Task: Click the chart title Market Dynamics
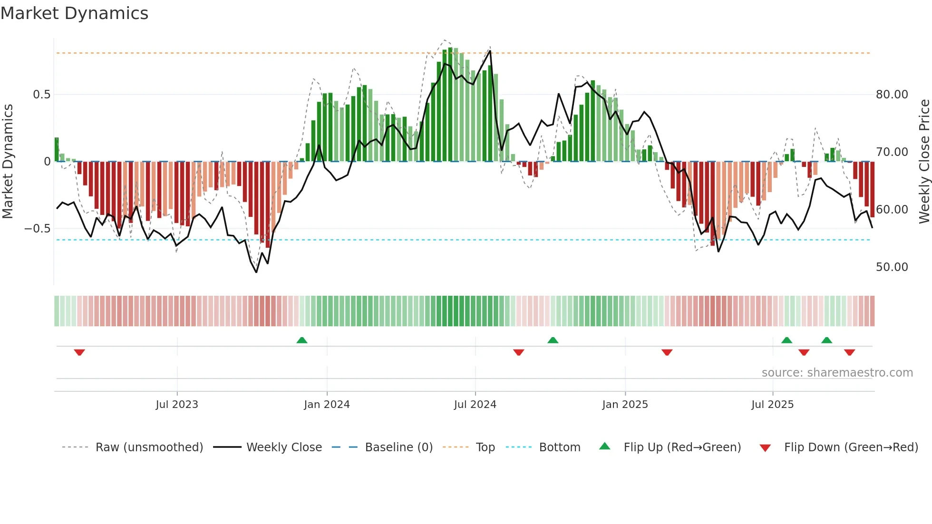tap(75, 13)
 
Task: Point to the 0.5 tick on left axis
tap(42, 95)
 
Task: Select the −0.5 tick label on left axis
tap(38, 229)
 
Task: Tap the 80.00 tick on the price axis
tap(892, 95)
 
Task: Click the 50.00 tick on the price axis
tap(892, 267)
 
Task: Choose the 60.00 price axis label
tap(892, 210)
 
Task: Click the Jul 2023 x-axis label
tap(177, 405)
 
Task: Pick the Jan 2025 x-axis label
tap(625, 405)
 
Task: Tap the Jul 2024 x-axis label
tap(475, 405)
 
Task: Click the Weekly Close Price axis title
tap(924, 162)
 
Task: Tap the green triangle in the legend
tap(604, 446)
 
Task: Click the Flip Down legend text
tap(851, 447)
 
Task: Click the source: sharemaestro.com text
tap(837, 373)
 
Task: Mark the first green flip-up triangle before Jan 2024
tap(302, 340)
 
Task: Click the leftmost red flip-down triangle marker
tap(79, 352)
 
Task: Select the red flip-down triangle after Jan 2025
tap(667, 352)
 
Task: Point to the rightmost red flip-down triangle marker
tap(850, 352)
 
